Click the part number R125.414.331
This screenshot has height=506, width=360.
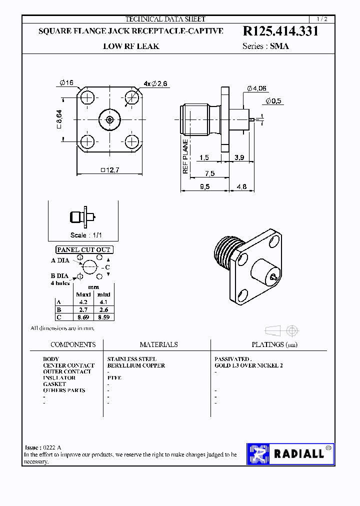280,31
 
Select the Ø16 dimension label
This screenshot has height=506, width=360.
66,83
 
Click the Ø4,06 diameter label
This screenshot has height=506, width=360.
256,88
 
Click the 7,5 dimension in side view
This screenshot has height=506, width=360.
209,173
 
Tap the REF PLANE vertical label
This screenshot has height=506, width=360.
185,156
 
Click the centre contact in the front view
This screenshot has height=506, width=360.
109,119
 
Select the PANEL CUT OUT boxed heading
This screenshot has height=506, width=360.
83,249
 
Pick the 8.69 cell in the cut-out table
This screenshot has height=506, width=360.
83,317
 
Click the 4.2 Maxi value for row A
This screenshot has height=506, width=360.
83,302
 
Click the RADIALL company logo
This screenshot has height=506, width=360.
290,454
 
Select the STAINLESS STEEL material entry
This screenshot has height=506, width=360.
131,359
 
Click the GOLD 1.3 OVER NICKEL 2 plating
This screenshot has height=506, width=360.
248,365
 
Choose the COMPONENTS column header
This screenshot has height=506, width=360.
73,344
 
